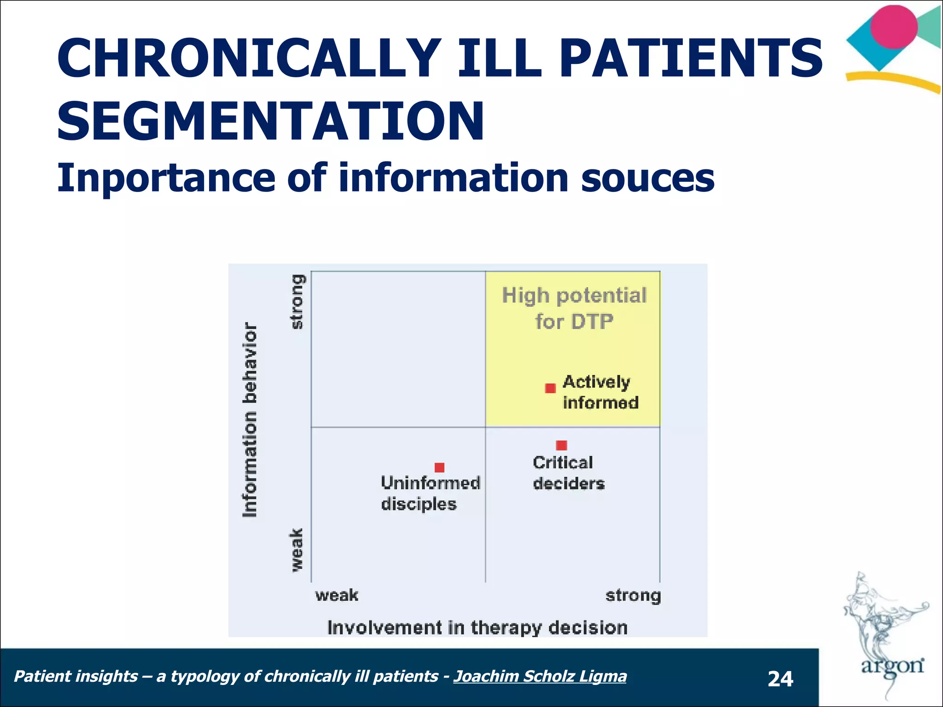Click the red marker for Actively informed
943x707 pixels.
550,388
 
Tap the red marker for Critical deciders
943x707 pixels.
561,445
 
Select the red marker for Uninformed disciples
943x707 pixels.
439,468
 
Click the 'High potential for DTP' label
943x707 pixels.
574,308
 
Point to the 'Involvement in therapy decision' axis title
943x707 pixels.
477,628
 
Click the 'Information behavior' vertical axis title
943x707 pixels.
250,420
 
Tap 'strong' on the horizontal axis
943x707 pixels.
633,596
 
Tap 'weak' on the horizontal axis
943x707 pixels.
337,596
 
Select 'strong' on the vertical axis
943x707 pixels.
298,302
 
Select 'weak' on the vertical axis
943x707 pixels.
297,551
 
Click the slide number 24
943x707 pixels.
780,679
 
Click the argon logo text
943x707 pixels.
892,666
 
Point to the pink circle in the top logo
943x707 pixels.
894,27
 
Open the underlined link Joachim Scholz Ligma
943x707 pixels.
540,676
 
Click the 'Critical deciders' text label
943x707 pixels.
568,473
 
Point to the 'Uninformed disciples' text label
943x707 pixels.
430,493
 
